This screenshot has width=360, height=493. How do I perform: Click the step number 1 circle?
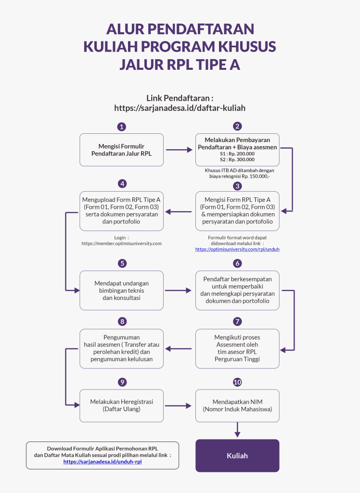[x=122, y=127]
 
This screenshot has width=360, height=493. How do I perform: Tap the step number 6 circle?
[x=237, y=263]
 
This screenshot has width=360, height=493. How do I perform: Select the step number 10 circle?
[x=237, y=382]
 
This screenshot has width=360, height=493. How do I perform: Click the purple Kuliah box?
[x=237, y=455]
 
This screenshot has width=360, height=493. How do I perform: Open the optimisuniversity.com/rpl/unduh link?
[x=237, y=249]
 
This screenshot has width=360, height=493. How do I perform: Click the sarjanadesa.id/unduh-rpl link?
[x=103, y=462]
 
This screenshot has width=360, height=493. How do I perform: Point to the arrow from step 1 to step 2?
[x=179, y=150]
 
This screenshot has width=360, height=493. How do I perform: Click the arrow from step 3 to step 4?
[x=178, y=212]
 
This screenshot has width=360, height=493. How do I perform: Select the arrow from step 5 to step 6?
[x=178, y=290]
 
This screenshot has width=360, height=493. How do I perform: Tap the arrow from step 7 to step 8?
[x=178, y=349]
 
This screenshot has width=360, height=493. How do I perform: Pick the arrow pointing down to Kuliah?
[x=237, y=429]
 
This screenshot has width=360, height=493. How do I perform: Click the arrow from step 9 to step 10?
[x=178, y=406]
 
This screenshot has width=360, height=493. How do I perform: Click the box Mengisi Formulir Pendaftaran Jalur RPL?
[x=122, y=150]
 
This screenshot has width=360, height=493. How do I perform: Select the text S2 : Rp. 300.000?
[x=237, y=160]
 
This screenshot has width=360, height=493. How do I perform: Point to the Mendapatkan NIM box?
[x=237, y=406]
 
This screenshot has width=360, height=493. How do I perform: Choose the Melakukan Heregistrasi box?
[x=122, y=406]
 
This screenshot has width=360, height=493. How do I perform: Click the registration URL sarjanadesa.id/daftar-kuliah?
[x=180, y=108]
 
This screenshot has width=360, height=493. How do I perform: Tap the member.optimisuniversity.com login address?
[x=122, y=243]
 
